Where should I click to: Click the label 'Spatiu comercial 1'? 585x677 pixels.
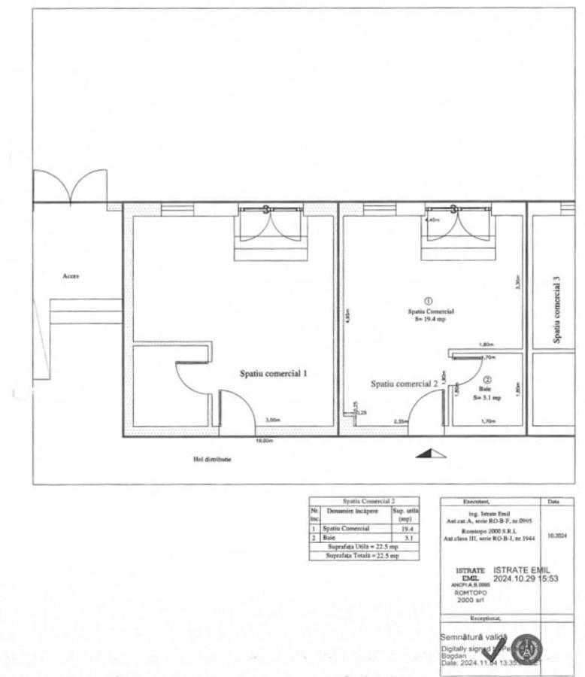pos(273,373)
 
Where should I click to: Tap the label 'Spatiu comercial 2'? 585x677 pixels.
pos(404,383)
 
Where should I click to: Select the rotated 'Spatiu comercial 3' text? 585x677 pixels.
pos(557,309)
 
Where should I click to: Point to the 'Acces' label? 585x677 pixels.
pos(71,276)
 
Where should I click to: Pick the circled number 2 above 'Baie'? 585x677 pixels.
pos(487,381)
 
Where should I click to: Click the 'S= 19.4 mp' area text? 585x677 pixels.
pos(431,319)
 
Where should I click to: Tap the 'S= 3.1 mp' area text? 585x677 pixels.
pos(487,396)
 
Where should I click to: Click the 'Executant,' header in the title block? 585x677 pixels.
pos(490,501)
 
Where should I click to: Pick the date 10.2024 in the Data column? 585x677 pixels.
pos(557,536)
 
